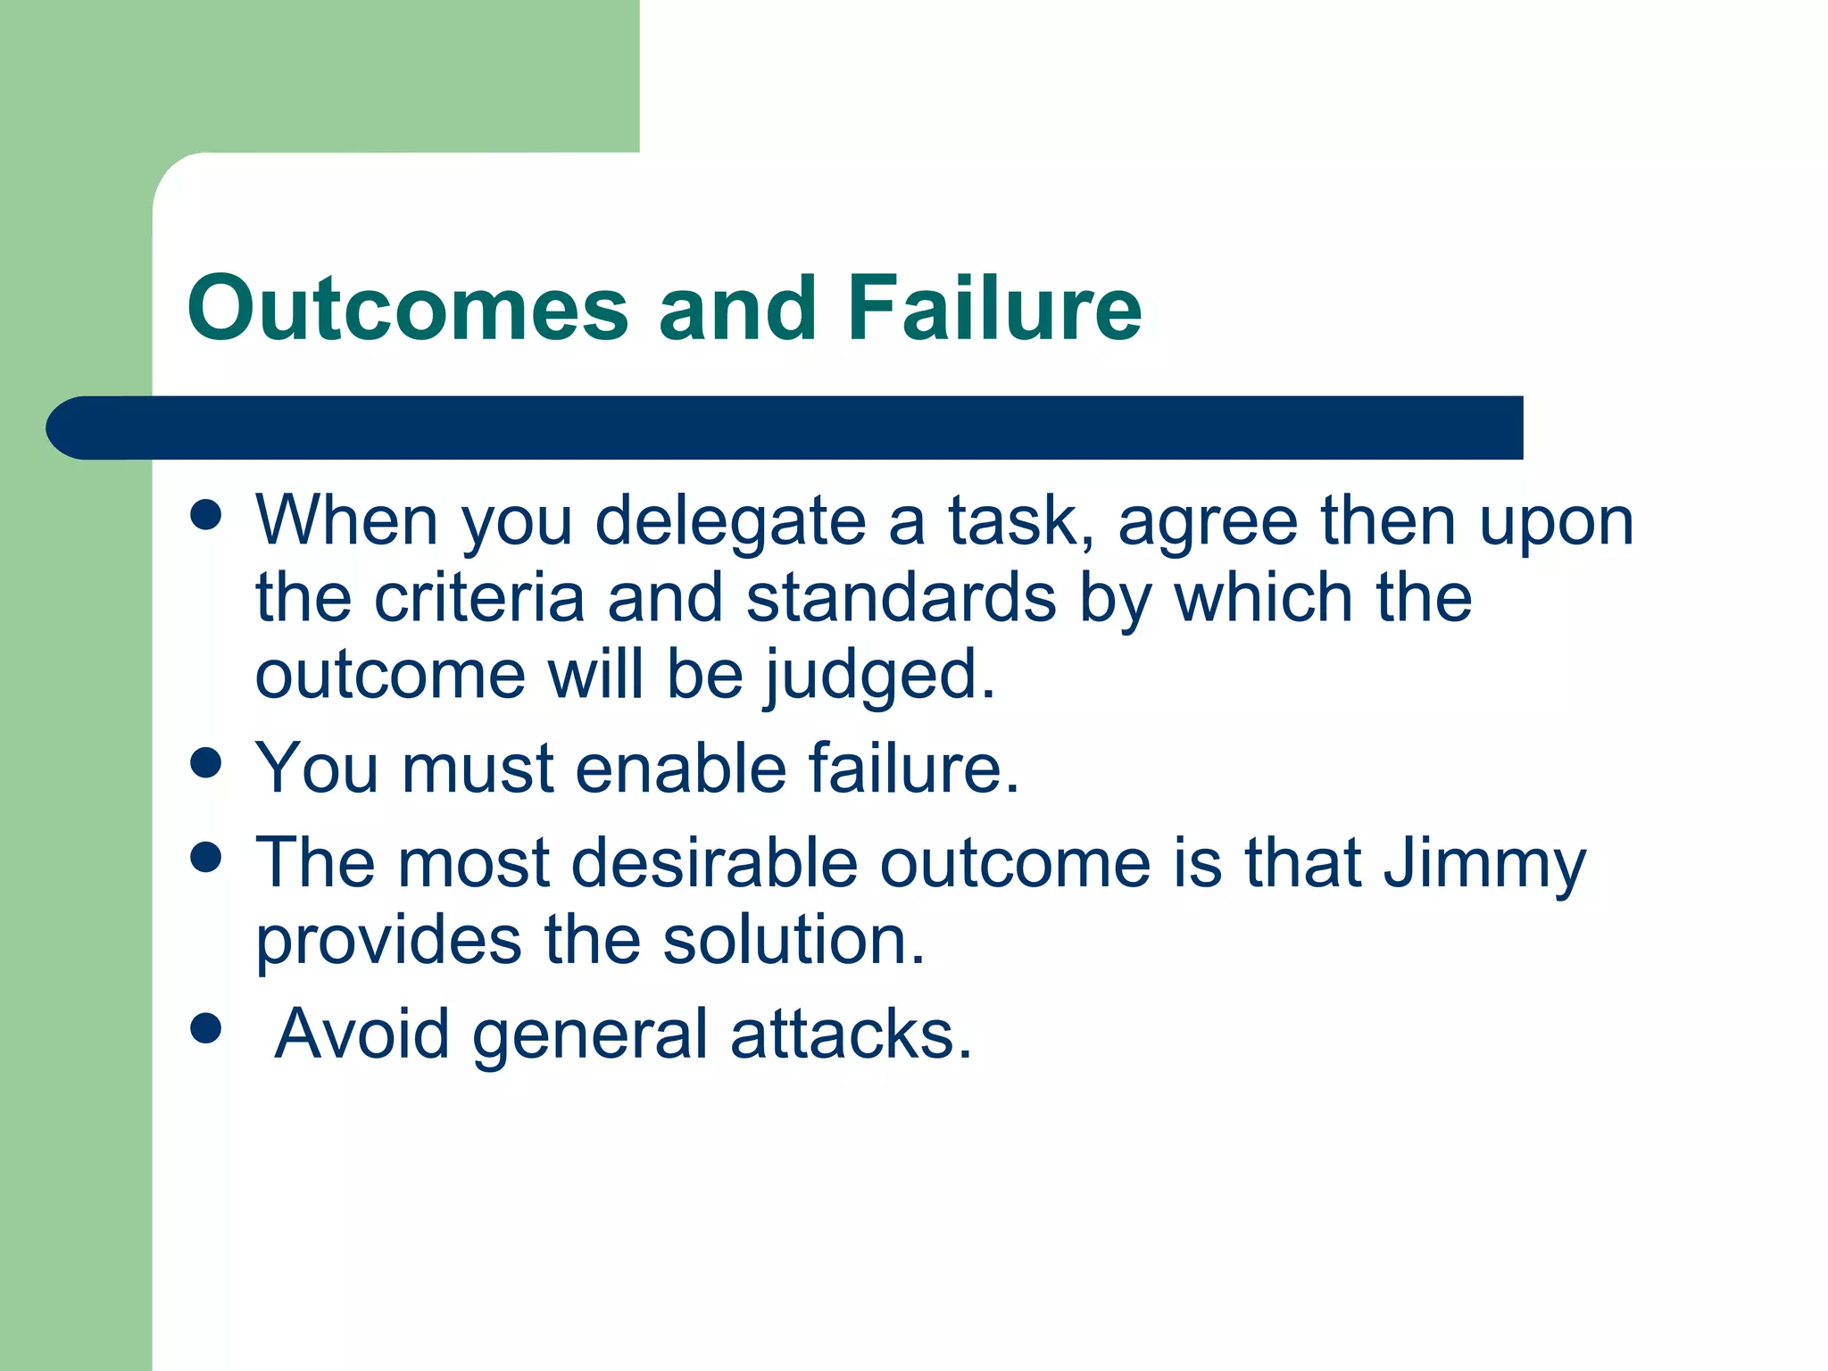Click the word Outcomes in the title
click(408, 308)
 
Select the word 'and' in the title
click(737, 308)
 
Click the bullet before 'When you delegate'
click(206, 515)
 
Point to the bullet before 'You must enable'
click(206, 763)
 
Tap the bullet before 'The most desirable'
click(206, 858)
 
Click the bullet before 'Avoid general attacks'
click(206, 1027)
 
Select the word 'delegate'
click(730, 522)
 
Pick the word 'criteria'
click(479, 598)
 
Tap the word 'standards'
click(902, 598)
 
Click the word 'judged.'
click(880, 677)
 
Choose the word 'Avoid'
click(362, 1034)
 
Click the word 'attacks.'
click(851, 1034)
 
